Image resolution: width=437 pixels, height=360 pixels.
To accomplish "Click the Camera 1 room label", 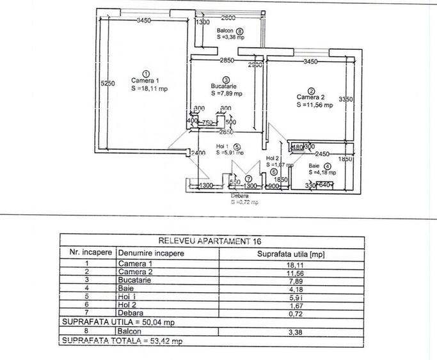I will click(x=145, y=81).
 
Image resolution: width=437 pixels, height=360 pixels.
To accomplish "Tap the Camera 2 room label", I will click(x=310, y=97).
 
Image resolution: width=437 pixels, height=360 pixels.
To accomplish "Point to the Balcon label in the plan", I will click(x=224, y=30).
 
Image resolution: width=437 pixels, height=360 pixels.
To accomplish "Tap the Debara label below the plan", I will click(x=240, y=195).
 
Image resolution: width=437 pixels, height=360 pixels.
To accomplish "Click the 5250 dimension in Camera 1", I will click(x=107, y=82).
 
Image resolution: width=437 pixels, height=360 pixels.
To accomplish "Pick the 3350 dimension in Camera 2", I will click(x=346, y=99).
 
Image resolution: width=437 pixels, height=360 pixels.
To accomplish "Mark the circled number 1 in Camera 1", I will click(x=146, y=73).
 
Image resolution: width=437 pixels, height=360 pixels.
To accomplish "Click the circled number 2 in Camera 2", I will click(x=311, y=90).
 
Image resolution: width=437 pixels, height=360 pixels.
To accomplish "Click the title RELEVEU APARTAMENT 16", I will click(x=218, y=242).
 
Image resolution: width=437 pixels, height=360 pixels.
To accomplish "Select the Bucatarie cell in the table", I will click(x=132, y=281).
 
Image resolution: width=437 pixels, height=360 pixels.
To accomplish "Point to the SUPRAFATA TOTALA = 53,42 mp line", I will click(x=122, y=342).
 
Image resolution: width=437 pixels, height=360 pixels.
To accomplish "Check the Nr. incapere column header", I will click(x=88, y=253).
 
